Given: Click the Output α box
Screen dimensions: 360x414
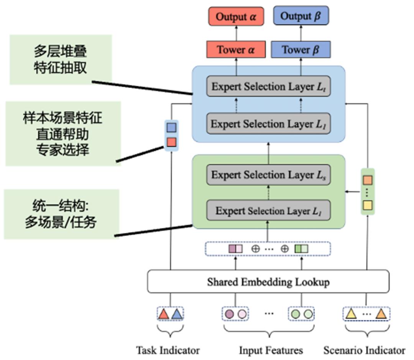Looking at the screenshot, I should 236,16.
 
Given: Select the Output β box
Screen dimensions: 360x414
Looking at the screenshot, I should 301,16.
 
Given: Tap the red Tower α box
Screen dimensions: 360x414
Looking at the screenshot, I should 236,50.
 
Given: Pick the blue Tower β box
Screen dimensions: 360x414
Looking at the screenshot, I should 301,50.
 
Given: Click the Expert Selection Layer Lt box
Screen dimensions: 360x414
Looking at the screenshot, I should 268,87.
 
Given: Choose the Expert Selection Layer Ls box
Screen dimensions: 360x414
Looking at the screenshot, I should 268,175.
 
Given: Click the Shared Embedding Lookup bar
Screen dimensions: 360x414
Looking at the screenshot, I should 268,282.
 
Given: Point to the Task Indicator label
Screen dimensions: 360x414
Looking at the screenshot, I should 168,350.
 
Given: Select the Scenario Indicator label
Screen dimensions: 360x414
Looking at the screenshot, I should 364,350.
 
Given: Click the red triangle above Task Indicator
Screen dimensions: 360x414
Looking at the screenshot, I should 164,314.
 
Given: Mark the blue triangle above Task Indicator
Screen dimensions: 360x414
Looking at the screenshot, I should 176,314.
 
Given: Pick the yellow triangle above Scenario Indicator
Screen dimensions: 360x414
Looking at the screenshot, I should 351,314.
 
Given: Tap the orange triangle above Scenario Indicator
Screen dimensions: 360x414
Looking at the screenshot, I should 381,314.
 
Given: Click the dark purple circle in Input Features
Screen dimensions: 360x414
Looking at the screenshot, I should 229,314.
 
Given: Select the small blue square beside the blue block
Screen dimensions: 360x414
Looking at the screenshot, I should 171,128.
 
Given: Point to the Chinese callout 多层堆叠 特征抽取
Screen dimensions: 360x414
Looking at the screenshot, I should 60,59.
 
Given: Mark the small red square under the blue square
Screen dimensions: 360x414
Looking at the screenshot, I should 171,142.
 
